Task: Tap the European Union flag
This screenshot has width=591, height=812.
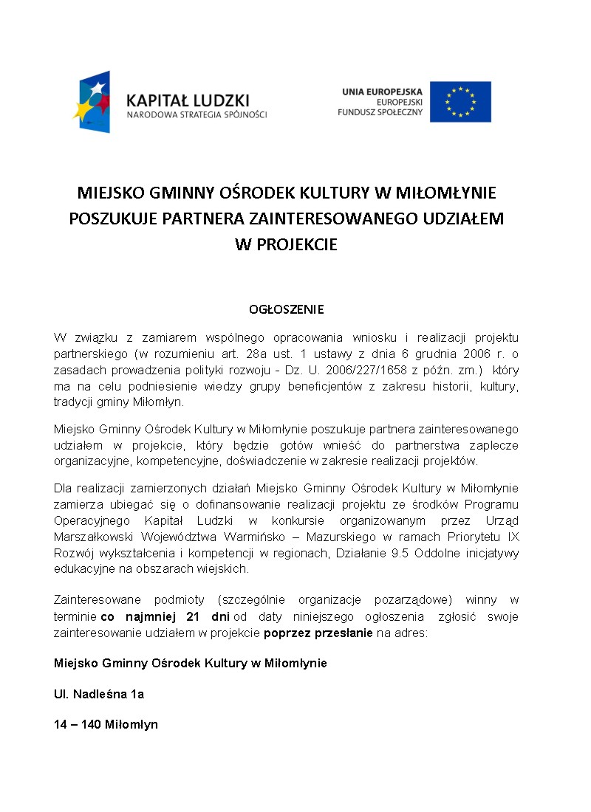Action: point(460,102)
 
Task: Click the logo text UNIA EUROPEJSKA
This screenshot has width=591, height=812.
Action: point(382,91)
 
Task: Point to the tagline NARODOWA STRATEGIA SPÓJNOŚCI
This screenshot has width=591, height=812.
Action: point(197,115)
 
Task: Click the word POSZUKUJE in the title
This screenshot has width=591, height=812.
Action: point(112,219)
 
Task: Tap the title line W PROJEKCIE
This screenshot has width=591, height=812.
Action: point(286,244)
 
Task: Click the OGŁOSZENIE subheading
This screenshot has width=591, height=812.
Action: point(286,309)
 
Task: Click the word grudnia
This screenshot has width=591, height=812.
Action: point(436,354)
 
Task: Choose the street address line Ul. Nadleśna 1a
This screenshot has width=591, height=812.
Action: point(99,694)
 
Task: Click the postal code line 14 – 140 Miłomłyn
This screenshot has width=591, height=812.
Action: point(106,725)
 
